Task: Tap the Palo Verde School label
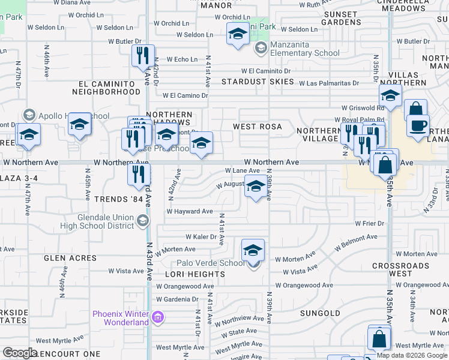tap(211, 263)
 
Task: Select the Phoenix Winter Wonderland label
tap(121, 317)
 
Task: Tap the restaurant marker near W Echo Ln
tap(143, 56)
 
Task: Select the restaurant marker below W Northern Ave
tap(139, 175)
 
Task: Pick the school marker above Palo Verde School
tap(253, 250)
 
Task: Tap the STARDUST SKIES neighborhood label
tap(258, 82)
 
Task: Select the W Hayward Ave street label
tap(190, 211)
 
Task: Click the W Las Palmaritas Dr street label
tap(329, 83)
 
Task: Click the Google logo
tap(20, 353)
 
